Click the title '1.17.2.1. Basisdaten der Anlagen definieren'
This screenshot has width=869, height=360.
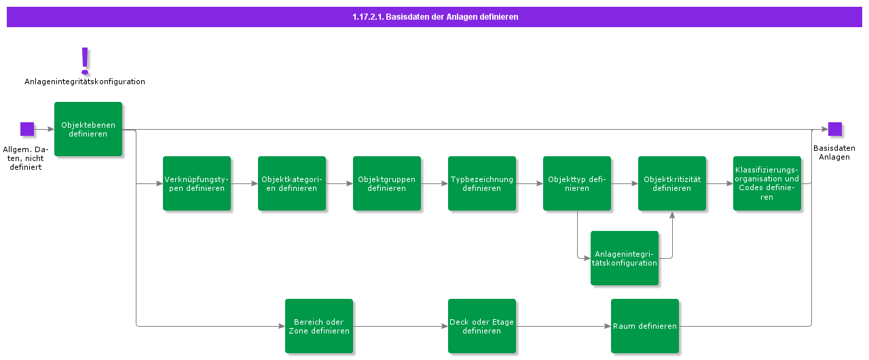(434, 17)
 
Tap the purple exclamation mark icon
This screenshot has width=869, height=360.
(85, 60)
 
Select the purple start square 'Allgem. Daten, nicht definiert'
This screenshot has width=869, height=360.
(27, 129)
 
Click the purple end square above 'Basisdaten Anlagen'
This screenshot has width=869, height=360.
(835, 129)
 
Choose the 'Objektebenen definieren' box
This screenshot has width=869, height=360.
(88, 129)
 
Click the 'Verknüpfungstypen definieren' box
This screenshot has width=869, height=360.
(197, 183)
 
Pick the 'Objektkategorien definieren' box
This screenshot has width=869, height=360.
(292, 183)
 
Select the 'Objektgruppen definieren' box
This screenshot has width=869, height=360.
(387, 183)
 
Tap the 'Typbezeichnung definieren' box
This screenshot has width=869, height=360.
(482, 183)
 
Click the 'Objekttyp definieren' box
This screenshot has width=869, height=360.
(577, 183)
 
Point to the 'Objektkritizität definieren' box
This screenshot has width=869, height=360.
(672, 183)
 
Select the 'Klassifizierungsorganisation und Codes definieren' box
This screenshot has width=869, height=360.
(767, 183)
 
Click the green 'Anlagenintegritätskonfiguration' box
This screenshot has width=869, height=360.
(625, 258)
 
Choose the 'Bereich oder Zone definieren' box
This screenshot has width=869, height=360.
(319, 326)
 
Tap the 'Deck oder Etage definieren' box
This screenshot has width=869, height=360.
(482, 326)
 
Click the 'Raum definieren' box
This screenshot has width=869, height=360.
(645, 326)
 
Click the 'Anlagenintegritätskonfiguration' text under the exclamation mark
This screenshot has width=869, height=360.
(85, 82)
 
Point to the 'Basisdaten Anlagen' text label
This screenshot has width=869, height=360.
(834, 152)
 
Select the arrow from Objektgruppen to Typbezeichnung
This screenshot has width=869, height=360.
(434, 183)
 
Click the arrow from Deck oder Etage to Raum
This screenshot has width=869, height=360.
(563, 326)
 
